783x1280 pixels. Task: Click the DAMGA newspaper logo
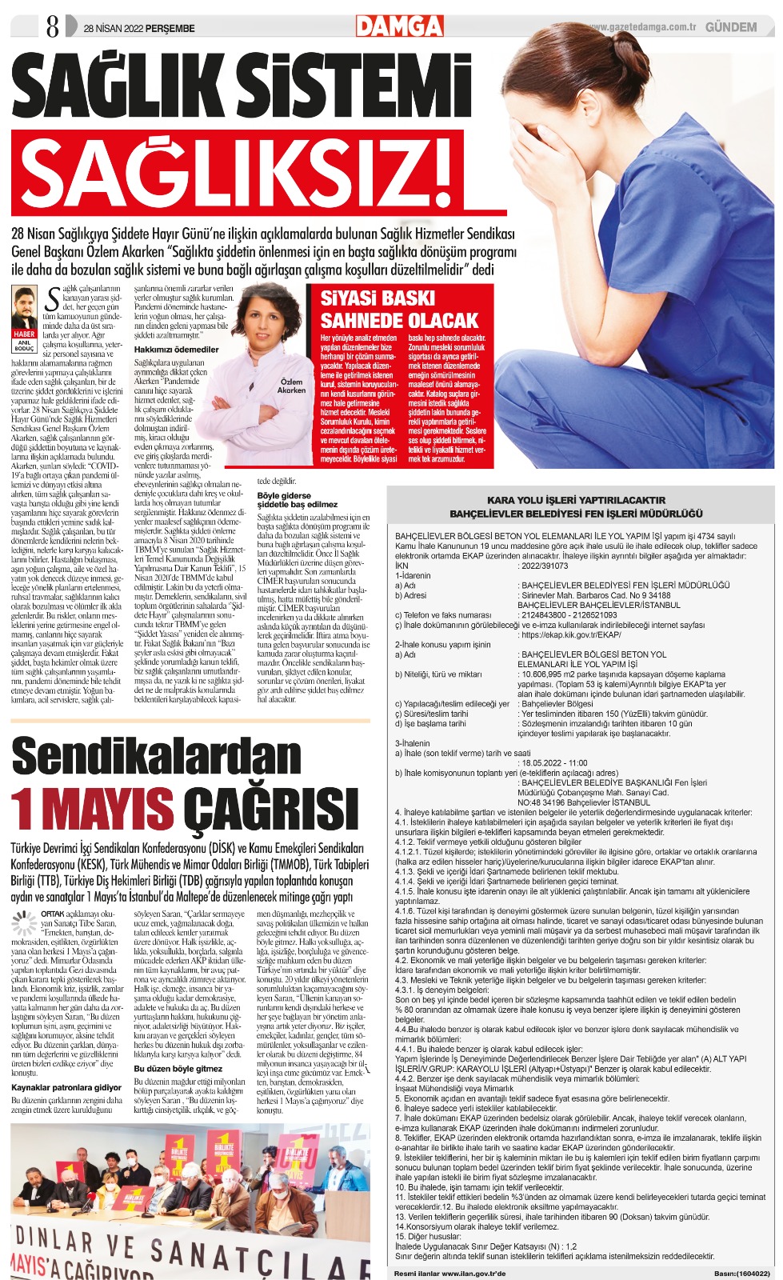(x=399, y=26)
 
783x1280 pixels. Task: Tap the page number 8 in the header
(x=53, y=28)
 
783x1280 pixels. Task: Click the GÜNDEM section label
(x=730, y=27)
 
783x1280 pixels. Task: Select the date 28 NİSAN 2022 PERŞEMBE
(x=138, y=29)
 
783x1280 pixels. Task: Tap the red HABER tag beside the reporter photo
(x=25, y=334)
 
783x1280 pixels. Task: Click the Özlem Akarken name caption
(x=292, y=386)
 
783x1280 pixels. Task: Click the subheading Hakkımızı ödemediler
(x=176, y=350)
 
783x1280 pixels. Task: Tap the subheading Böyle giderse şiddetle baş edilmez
(x=298, y=500)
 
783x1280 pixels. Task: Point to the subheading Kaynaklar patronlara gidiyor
(x=66, y=1087)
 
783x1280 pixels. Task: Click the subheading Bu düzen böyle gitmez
(x=178, y=1068)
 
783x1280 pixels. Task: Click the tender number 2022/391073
(x=543, y=566)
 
